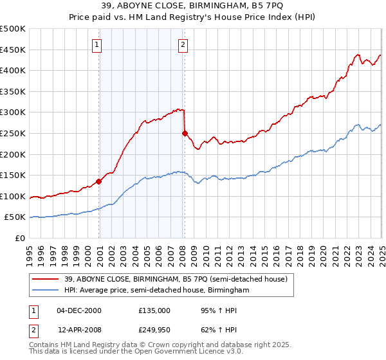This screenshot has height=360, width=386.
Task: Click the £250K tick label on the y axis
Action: click(x=13, y=133)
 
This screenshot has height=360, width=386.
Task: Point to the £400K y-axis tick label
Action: click(x=13, y=70)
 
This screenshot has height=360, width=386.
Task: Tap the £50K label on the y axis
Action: click(x=15, y=217)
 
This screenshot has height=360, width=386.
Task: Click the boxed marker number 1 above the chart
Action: click(x=96, y=44)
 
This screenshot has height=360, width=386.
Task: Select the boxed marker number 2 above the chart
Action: click(x=183, y=44)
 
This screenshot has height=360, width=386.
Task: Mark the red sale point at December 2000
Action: click(x=99, y=181)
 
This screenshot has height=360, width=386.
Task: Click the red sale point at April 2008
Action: click(x=185, y=133)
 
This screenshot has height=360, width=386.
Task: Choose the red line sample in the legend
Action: click(x=46, y=278)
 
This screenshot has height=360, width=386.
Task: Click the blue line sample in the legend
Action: click(x=46, y=290)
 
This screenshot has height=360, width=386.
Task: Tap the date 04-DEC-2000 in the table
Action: click(x=78, y=310)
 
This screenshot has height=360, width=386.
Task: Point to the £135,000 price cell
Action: click(x=153, y=310)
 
